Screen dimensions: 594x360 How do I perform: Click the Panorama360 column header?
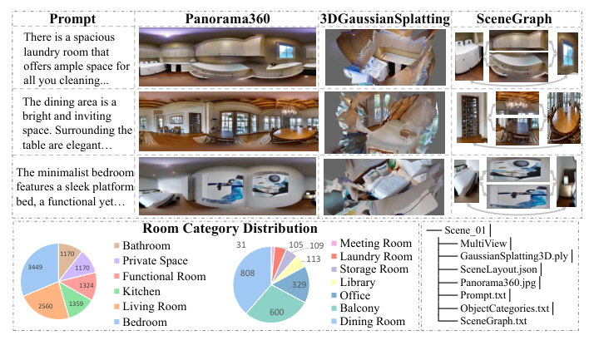227,18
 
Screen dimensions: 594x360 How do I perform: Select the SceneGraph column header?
514,18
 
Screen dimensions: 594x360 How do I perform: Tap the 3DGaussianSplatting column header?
385,18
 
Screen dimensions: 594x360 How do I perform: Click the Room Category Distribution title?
230,229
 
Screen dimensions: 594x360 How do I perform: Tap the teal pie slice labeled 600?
276,307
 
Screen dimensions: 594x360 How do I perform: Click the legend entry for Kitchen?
137,292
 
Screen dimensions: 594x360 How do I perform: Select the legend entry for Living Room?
151,307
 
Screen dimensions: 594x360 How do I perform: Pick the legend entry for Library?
354,283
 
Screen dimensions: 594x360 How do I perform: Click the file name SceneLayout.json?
498,269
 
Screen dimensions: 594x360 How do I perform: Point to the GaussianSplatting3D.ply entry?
514,256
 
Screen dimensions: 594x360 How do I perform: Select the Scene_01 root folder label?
465,230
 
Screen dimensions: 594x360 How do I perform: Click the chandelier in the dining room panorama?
289,109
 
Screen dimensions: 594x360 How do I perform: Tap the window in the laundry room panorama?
286,51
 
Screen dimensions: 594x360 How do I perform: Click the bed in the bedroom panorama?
156,199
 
